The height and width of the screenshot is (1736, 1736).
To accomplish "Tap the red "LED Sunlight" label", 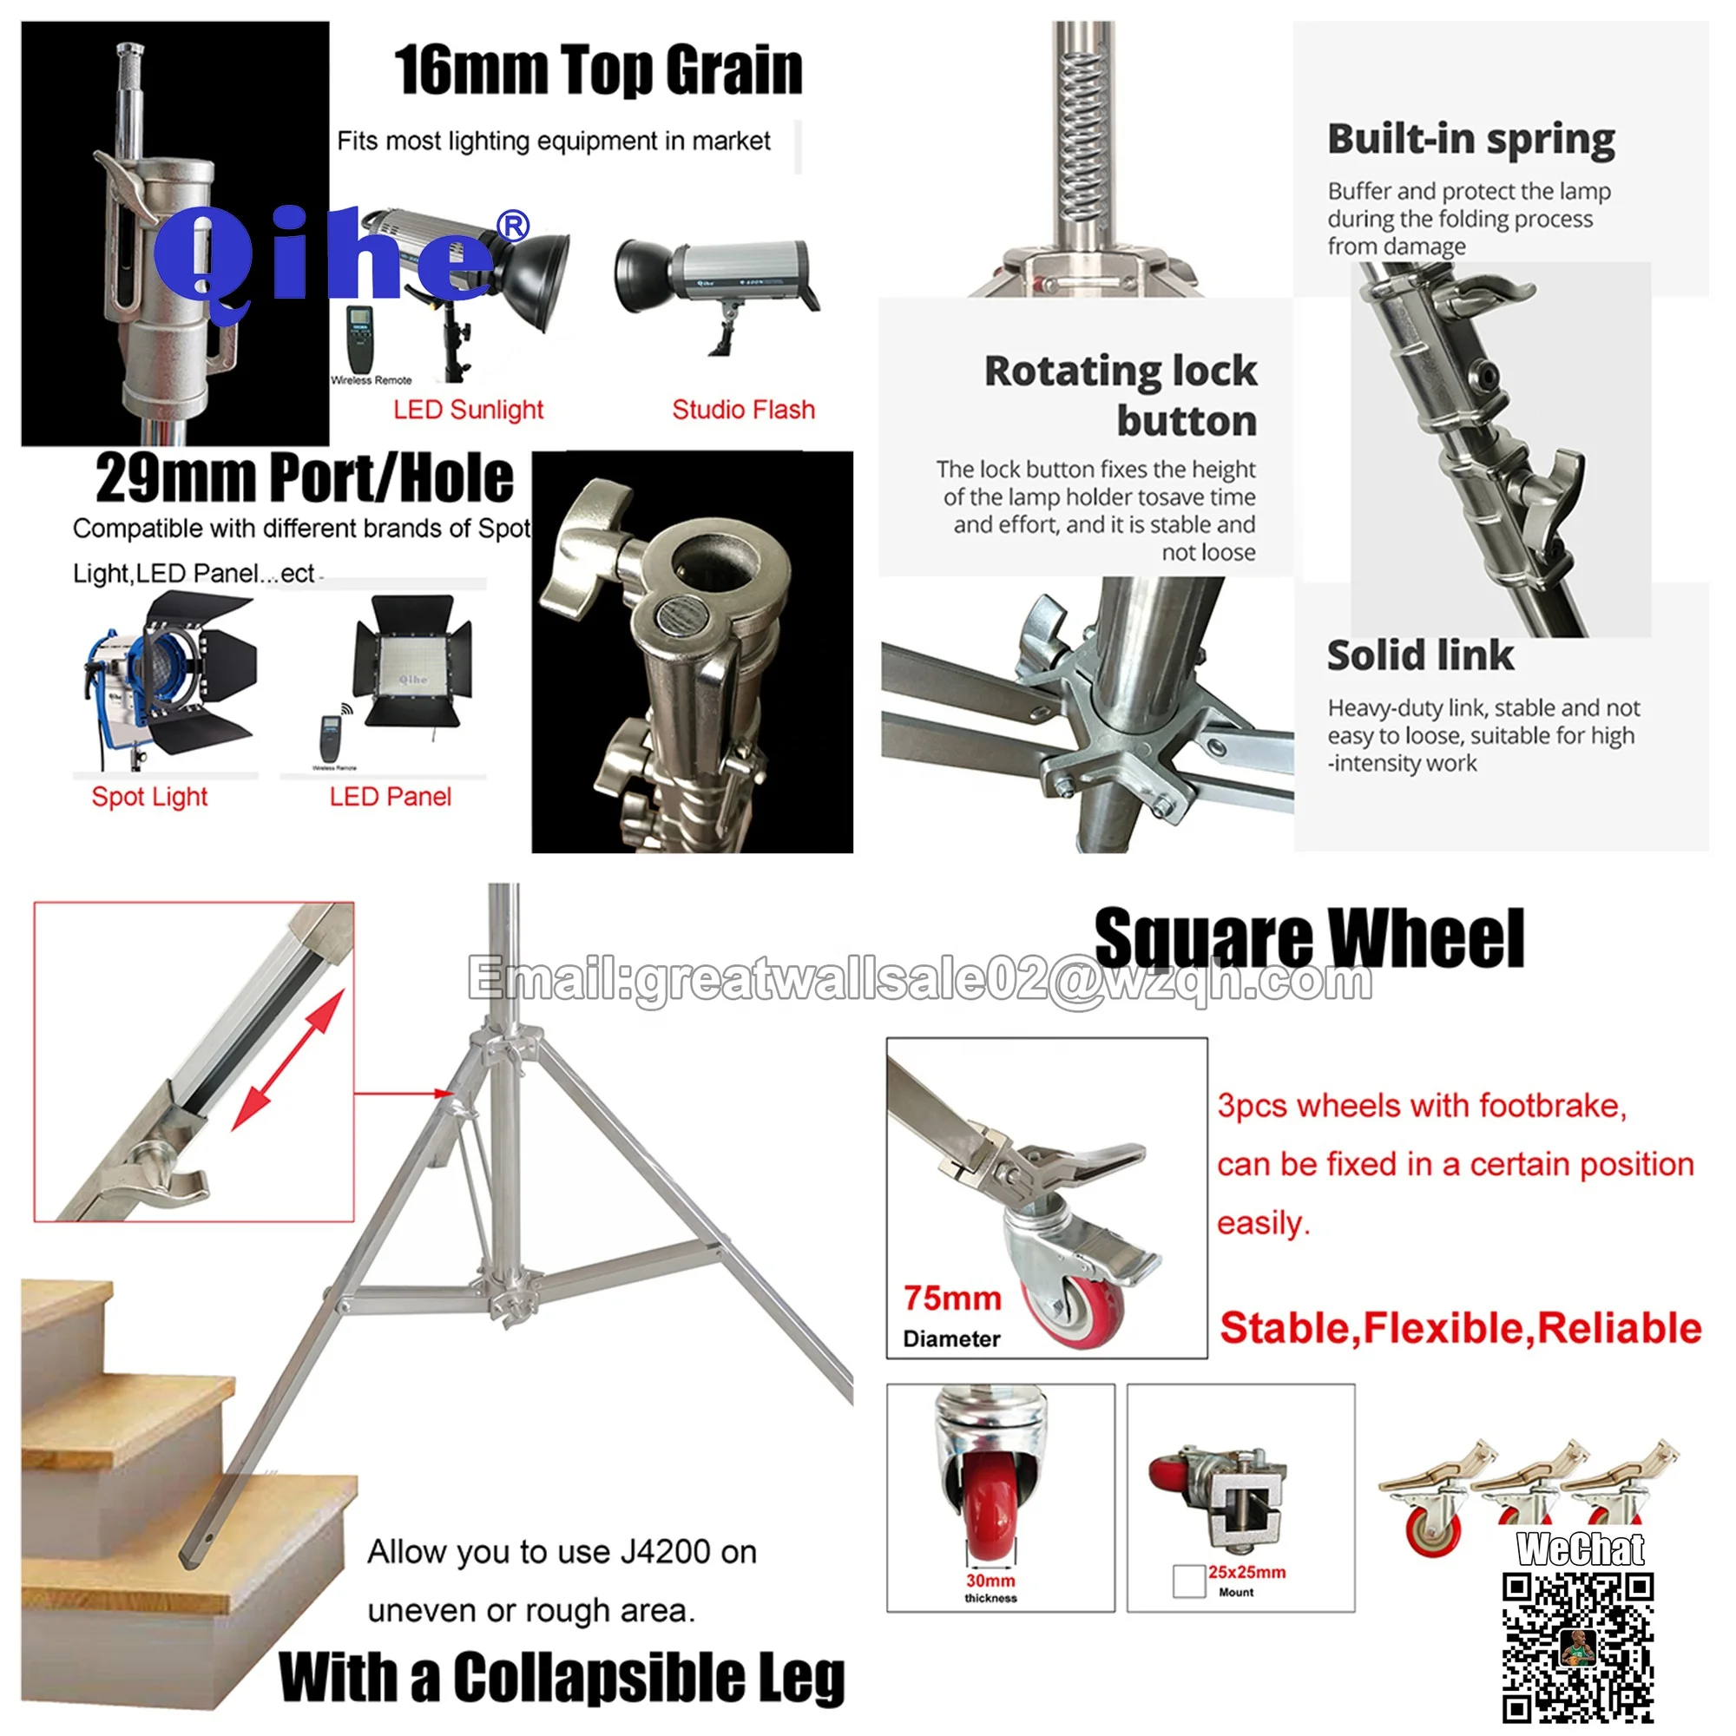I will pyautogui.click(x=468, y=410).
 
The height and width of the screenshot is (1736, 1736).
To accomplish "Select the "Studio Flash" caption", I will pyautogui.click(x=743, y=410).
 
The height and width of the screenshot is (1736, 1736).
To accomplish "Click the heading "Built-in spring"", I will pyautogui.click(x=1471, y=139).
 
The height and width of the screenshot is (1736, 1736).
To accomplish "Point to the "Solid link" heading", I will pyautogui.click(x=1420, y=655).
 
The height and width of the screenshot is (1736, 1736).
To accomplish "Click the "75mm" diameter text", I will pyautogui.click(x=952, y=1299).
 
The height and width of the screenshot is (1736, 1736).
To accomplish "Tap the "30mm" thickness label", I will pyautogui.click(x=990, y=1581).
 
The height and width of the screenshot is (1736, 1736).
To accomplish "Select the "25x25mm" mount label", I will pyautogui.click(x=1246, y=1572).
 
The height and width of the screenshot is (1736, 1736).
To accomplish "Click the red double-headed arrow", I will pyautogui.click(x=287, y=1061).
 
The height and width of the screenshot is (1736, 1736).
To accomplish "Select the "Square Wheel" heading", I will pyautogui.click(x=1309, y=939).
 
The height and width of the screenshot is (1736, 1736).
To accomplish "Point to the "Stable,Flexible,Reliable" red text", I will pyautogui.click(x=1460, y=1328).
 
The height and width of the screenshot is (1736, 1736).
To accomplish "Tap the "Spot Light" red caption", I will pyautogui.click(x=149, y=797).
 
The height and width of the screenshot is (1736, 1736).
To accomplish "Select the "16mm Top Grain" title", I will pyautogui.click(x=597, y=70).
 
